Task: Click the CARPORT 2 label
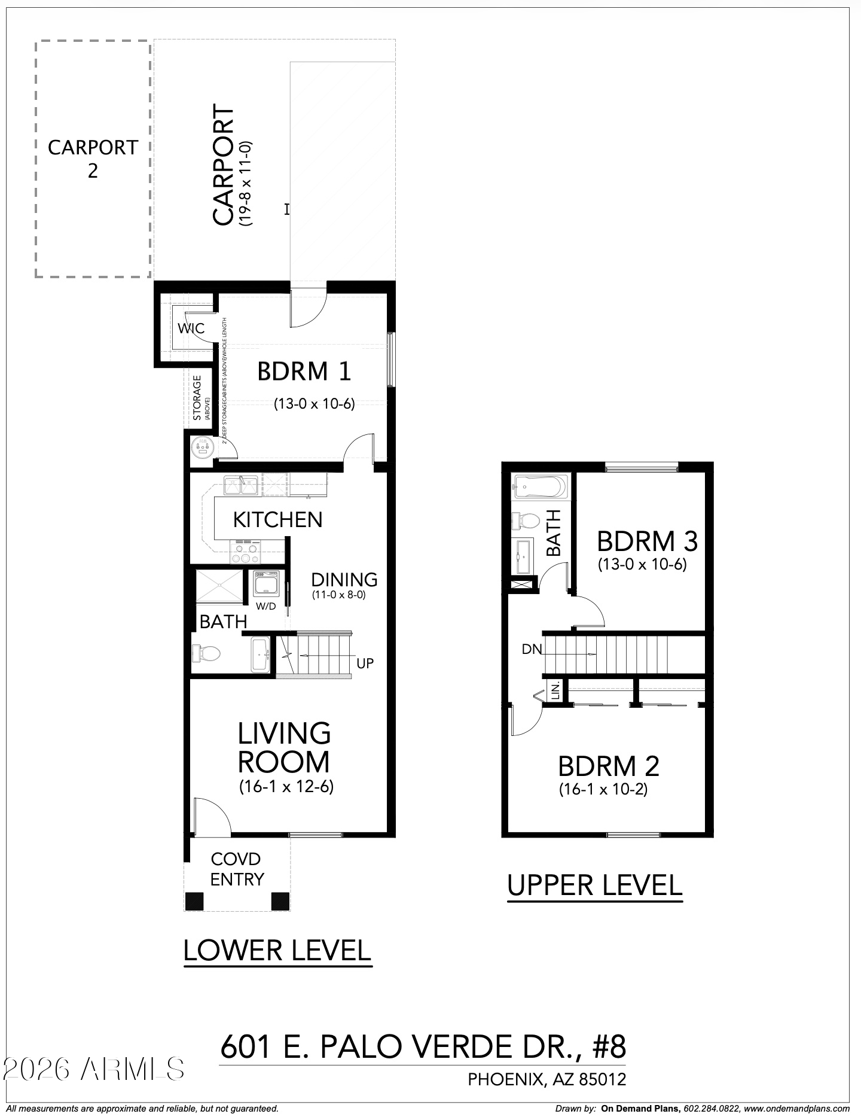point(93,159)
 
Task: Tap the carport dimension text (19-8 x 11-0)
point(246,184)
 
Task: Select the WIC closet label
point(191,328)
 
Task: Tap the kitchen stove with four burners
point(246,551)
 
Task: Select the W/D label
point(265,605)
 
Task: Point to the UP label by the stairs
point(365,663)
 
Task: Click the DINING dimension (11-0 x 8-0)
point(338,595)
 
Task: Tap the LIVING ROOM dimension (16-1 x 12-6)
point(286,786)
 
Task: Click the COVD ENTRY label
point(237,869)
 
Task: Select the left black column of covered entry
point(194,900)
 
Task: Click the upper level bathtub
point(540,486)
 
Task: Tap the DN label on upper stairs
point(531,649)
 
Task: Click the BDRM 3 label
point(647,541)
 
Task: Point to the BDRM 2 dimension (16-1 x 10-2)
point(603,789)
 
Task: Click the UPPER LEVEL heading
point(594,885)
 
